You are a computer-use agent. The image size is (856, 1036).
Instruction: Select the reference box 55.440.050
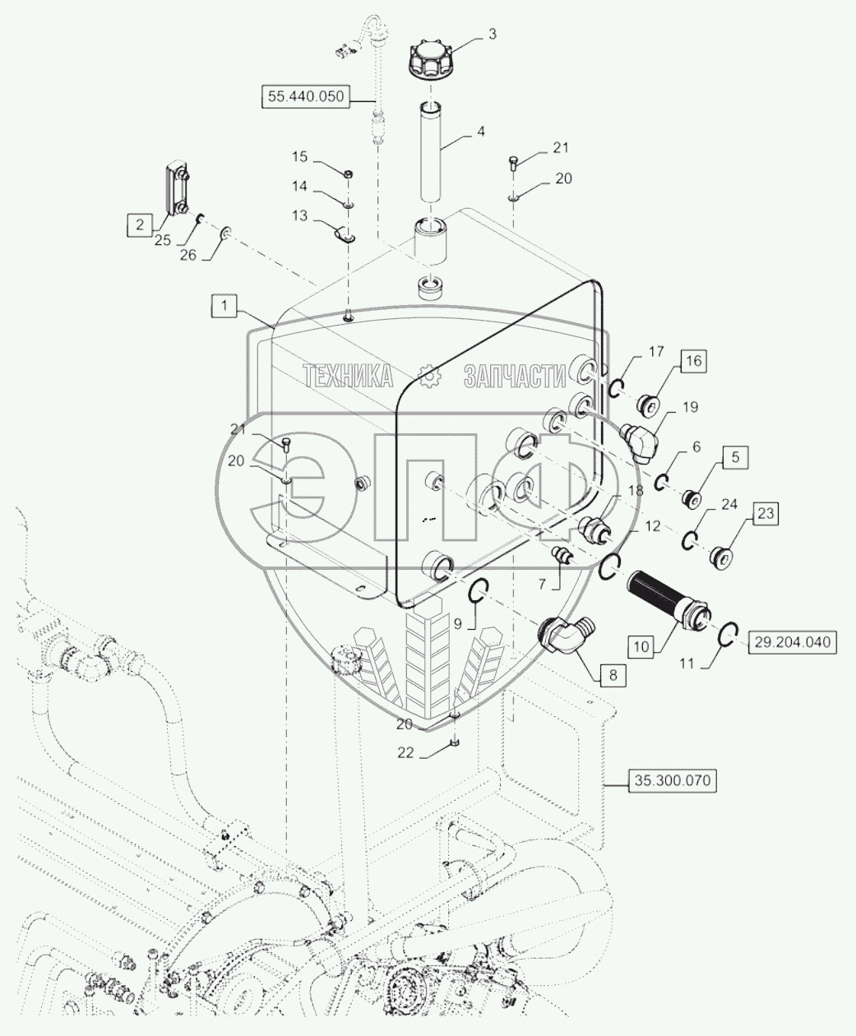(x=306, y=97)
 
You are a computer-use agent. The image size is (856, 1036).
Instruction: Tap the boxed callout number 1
(x=224, y=306)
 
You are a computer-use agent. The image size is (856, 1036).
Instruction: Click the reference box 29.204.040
(x=792, y=642)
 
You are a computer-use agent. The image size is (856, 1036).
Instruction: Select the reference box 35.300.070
(x=672, y=780)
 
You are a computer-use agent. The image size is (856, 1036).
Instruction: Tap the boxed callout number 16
(x=693, y=361)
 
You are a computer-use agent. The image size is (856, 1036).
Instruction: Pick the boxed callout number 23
(x=766, y=513)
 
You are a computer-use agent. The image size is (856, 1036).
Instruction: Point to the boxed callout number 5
(x=735, y=456)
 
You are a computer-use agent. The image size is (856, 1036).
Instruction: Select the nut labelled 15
(x=349, y=174)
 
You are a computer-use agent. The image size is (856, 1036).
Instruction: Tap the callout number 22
(x=405, y=766)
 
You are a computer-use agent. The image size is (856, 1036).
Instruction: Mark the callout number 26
(x=188, y=255)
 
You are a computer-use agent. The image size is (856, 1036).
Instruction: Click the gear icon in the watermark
(x=428, y=376)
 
